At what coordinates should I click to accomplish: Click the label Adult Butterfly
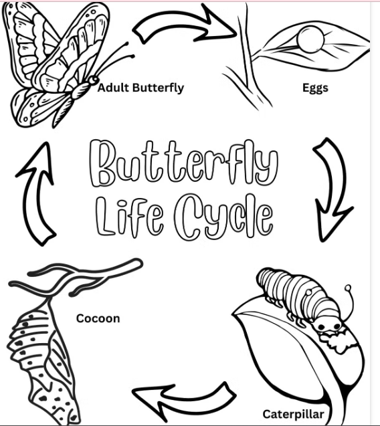[x=140, y=88]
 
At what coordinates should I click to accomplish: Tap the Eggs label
[x=315, y=88]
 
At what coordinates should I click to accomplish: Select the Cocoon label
[x=98, y=318]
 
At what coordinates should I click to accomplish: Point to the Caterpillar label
[x=293, y=415]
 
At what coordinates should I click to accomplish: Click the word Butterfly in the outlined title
[x=184, y=164]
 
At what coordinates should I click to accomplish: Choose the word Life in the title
[x=130, y=216]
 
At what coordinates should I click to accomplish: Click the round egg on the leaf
[x=310, y=39]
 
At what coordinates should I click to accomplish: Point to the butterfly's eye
[x=94, y=80]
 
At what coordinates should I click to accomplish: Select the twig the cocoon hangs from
[x=76, y=275]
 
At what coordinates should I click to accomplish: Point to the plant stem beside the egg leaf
[x=246, y=54]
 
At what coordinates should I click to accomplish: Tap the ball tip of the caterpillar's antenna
[x=348, y=288]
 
